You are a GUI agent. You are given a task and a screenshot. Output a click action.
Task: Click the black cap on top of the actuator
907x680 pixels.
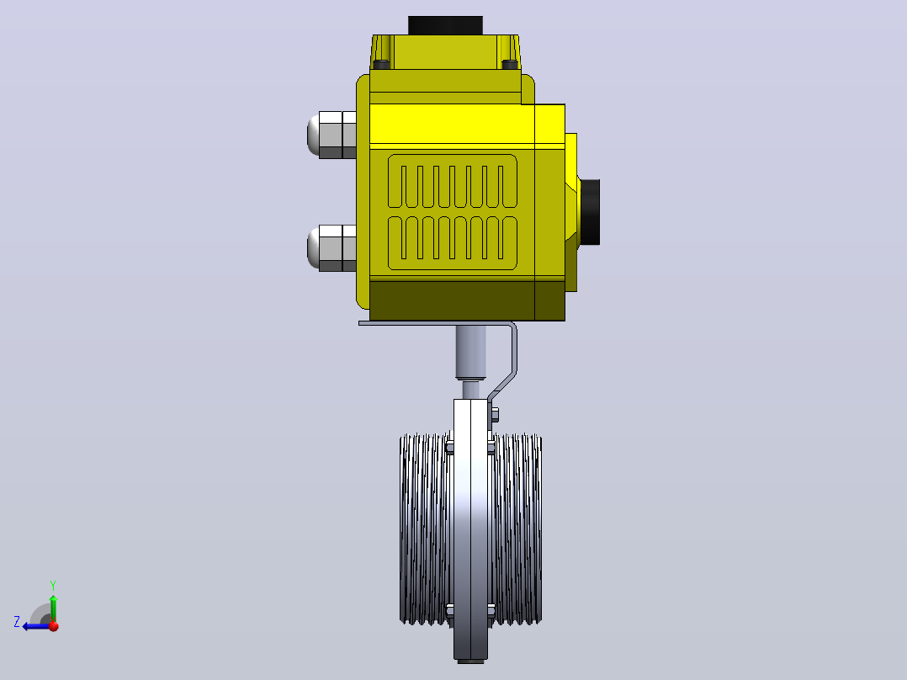tap(445, 25)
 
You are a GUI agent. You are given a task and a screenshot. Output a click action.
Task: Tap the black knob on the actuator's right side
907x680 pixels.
tap(590, 212)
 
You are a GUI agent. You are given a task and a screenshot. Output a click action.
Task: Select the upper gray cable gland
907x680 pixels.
tap(332, 135)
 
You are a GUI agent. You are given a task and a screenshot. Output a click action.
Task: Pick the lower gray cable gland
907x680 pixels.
tap(332, 248)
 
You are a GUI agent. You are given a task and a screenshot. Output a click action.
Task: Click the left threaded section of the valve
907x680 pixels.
tap(426, 529)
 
